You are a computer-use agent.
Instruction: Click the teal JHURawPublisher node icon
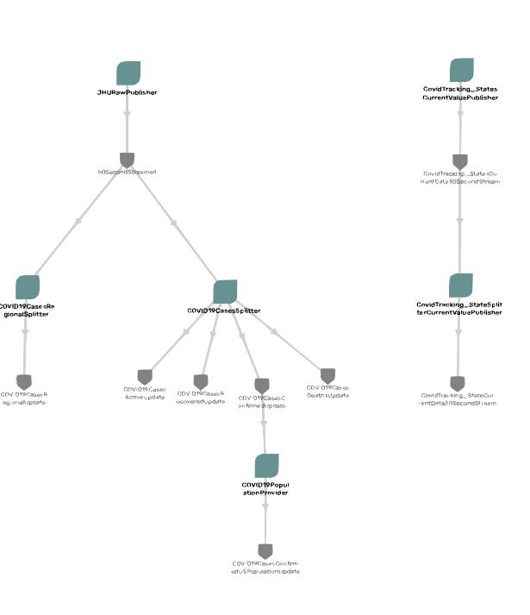coord(128,73)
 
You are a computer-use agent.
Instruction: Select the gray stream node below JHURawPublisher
coord(128,160)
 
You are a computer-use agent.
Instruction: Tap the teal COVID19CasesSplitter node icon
coord(224,292)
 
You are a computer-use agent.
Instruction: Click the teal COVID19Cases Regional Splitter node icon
coord(28,287)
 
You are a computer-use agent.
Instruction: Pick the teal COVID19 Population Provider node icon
coord(266,466)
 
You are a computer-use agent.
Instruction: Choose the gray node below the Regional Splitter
coord(24,380)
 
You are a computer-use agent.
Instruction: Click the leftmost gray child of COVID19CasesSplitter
coord(145,377)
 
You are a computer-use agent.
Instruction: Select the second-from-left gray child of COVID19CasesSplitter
coord(201,380)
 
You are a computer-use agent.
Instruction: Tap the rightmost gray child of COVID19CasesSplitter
coord(327,375)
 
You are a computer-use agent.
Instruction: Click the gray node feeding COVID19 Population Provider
coord(263,385)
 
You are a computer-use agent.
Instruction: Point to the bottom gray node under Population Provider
coord(265,550)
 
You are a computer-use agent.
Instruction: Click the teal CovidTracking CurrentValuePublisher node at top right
coord(461,70)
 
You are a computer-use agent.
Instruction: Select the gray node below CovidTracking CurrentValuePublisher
coord(459,161)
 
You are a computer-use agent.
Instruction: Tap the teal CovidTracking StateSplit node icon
coord(460,286)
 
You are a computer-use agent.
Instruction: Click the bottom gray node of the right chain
coord(458,382)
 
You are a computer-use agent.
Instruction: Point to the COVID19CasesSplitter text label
coord(224,311)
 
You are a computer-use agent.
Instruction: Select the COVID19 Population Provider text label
coord(266,488)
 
